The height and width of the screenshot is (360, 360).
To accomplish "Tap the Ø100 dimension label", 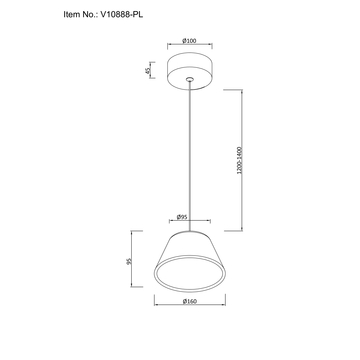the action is (189, 41).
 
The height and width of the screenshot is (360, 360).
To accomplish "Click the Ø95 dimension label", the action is (182, 217).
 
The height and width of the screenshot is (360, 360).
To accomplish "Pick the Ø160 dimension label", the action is (190, 301).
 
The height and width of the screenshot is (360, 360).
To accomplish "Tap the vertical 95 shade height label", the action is (130, 261).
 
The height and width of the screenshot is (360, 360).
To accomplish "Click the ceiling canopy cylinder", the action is (190, 71).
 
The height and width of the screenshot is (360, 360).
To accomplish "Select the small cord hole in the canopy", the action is (190, 79).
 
